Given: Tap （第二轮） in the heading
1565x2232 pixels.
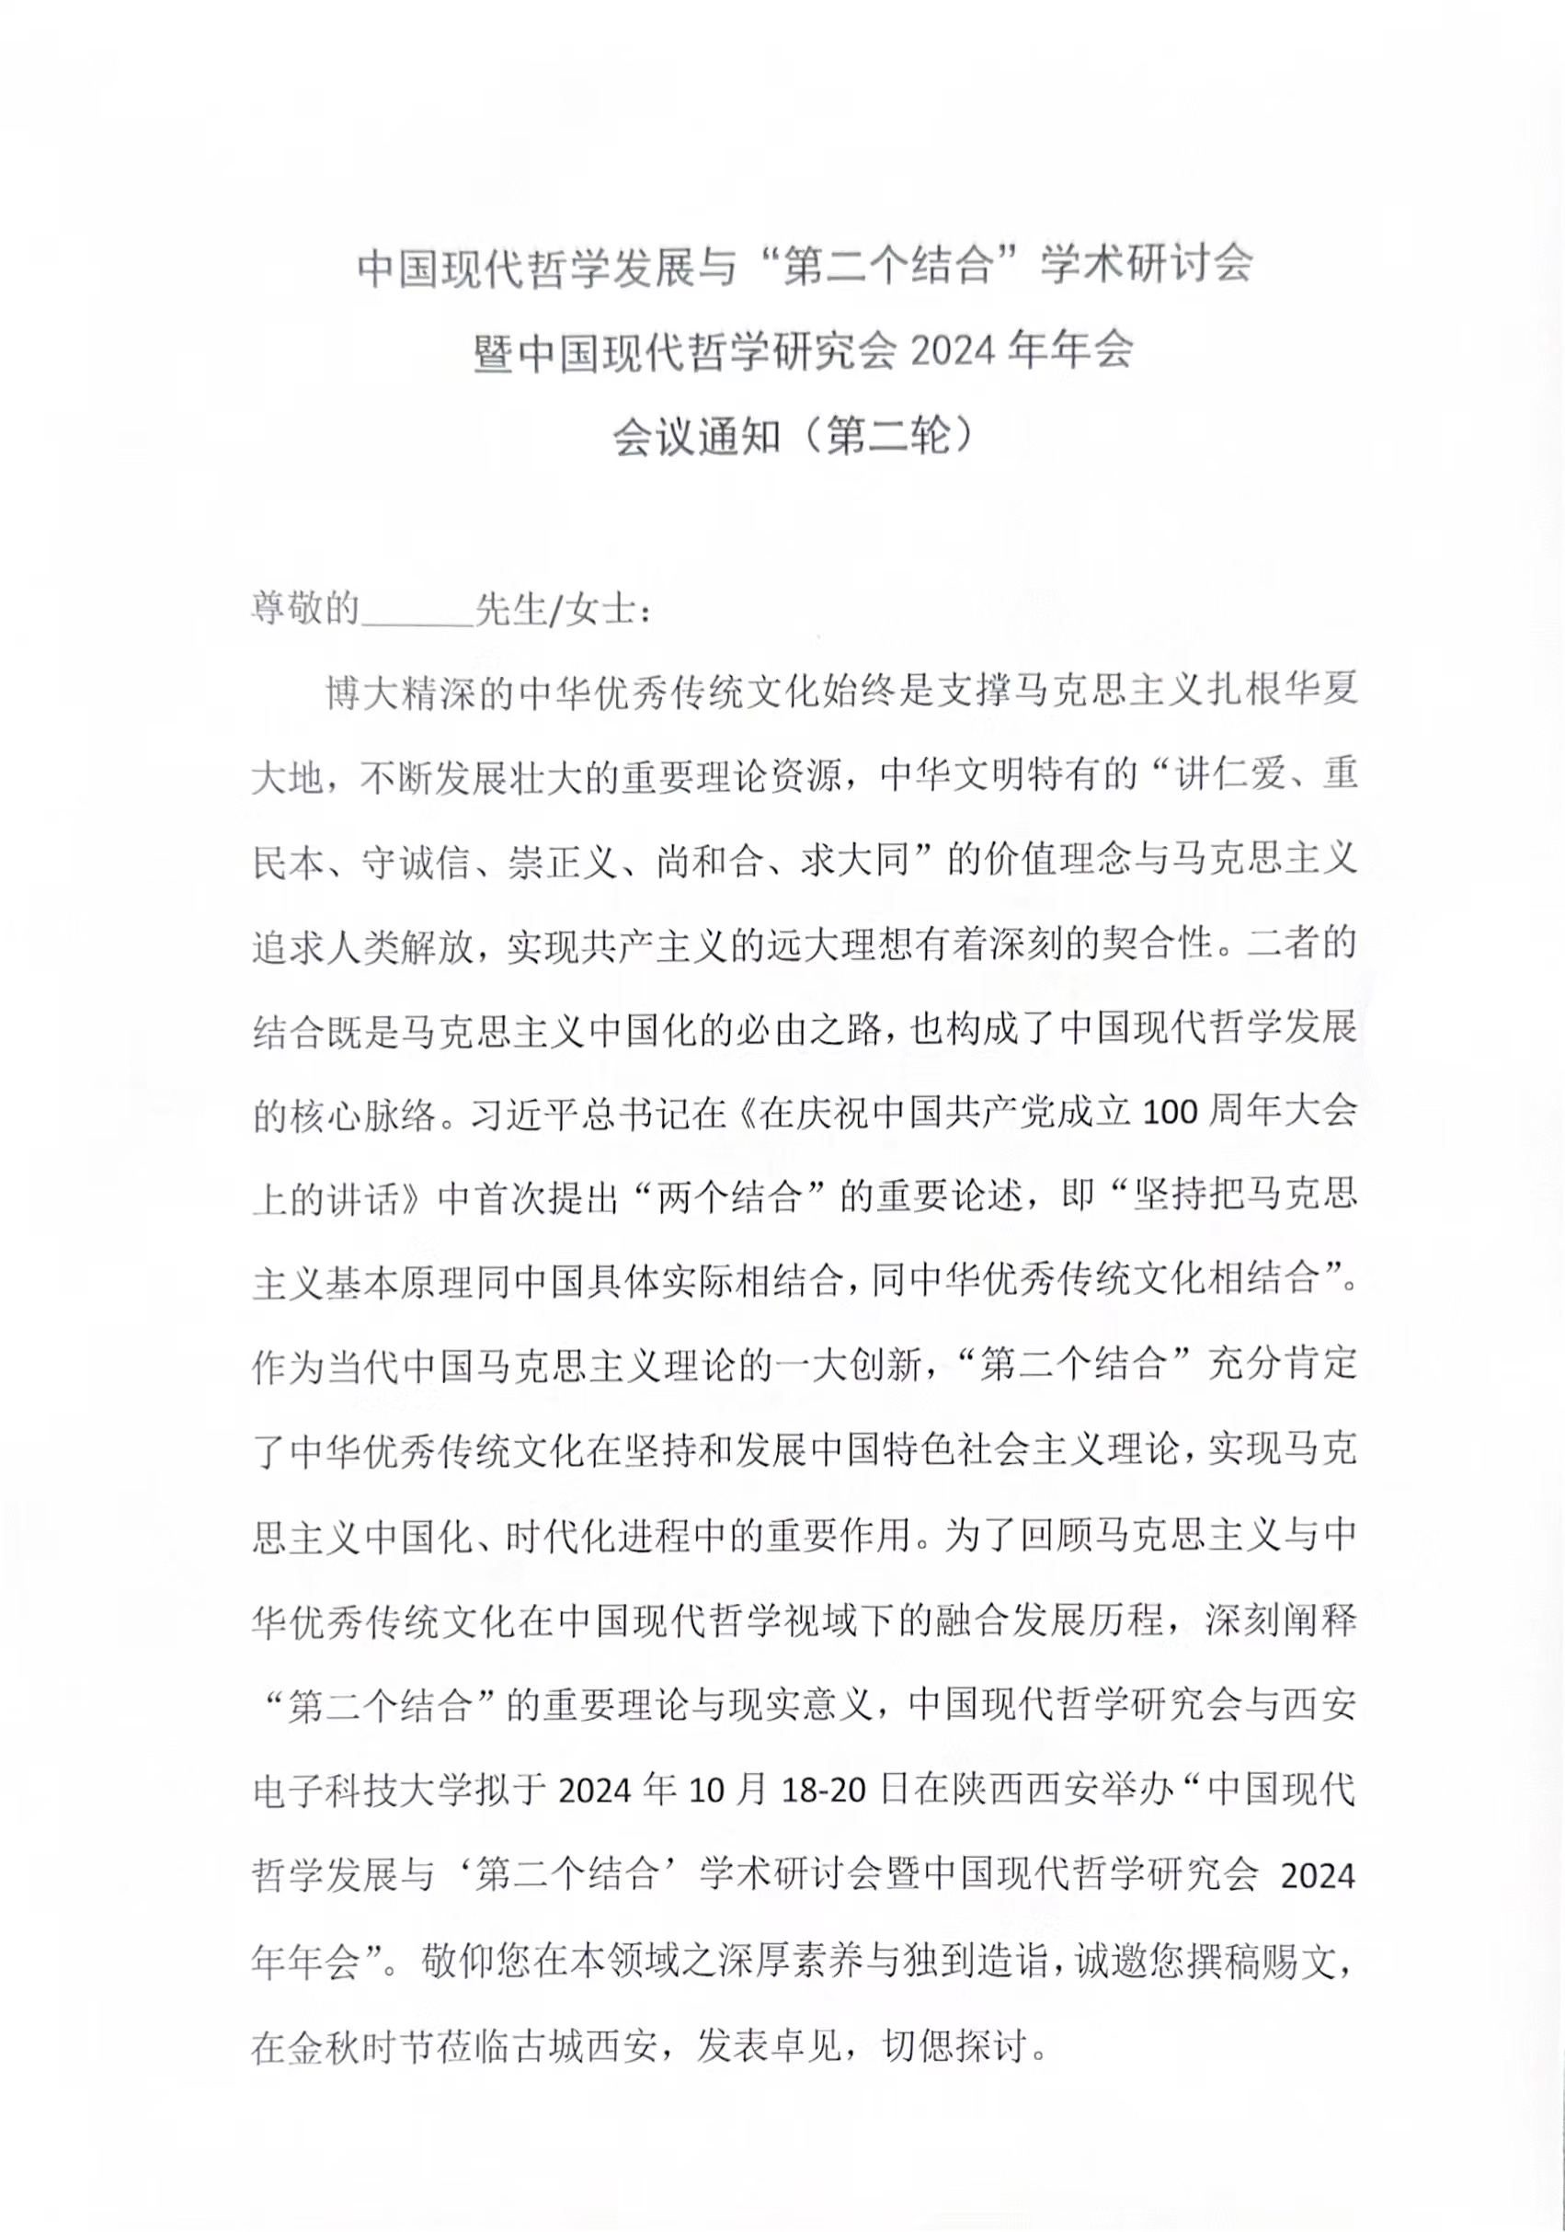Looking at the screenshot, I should tap(889, 438).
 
